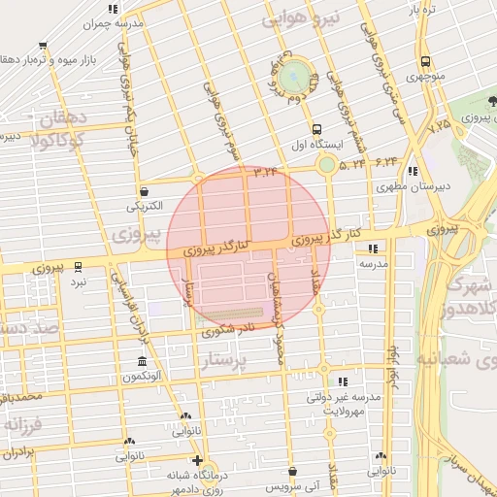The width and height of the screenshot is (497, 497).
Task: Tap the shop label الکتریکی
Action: click(145, 207)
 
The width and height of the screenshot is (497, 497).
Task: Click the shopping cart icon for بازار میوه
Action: click(45, 45)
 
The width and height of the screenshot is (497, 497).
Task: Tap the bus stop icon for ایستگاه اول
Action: click(316, 128)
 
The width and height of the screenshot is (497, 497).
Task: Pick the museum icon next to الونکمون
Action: click(143, 361)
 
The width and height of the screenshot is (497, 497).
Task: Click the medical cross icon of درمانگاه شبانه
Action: click(198, 461)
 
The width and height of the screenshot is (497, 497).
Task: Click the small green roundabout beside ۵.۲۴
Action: click(327, 165)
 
